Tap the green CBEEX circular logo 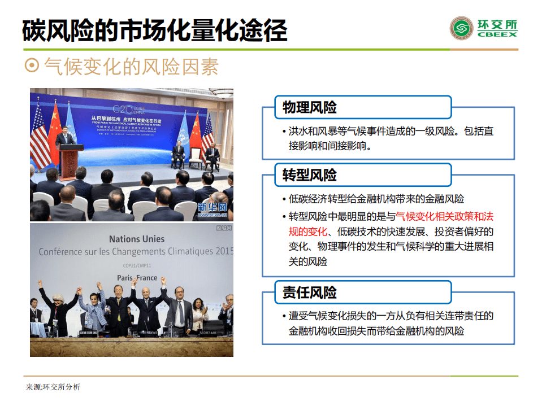(x=461, y=28)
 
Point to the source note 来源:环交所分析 (x=53, y=387)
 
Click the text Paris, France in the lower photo (x=137, y=277)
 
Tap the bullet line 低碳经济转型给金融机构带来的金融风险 (x=376, y=199)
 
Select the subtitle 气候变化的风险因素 (x=131, y=67)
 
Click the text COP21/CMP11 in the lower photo (x=136, y=265)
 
